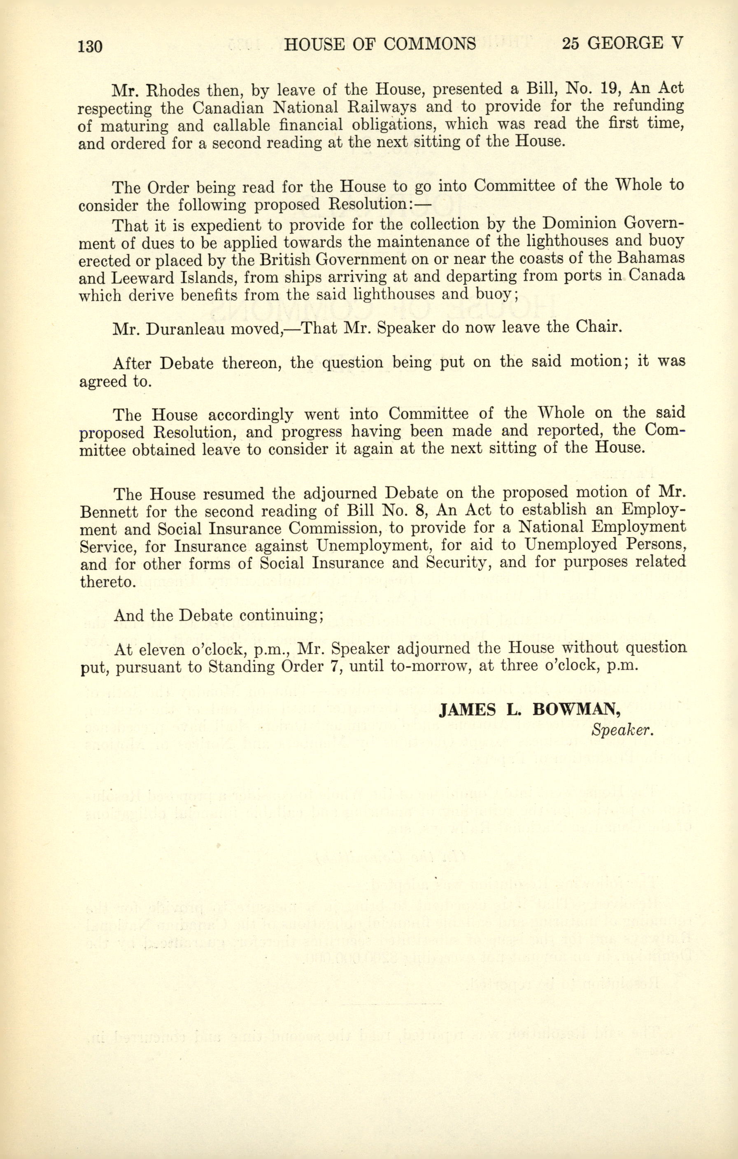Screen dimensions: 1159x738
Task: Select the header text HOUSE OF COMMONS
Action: pyautogui.click(x=380, y=44)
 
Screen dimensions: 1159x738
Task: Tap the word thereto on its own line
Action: pyautogui.click(x=106, y=582)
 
